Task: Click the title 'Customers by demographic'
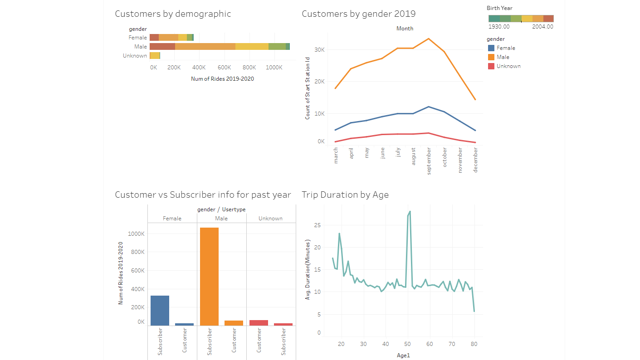pyautogui.click(x=173, y=14)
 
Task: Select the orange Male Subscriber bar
pyautogui.click(x=209, y=276)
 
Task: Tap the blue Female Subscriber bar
pyautogui.click(x=160, y=310)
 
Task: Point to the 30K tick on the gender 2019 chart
pyautogui.click(x=319, y=50)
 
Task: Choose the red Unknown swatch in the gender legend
pyautogui.click(x=491, y=66)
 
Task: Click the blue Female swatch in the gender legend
pyautogui.click(x=491, y=48)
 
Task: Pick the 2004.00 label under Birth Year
pyautogui.click(x=543, y=27)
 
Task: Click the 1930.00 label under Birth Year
pyautogui.click(x=499, y=27)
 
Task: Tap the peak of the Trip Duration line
pyautogui.click(x=410, y=211)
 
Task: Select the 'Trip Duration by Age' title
pyautogui.click(x=345, y=195)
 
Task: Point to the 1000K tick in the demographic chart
pyautogui.click(x=274, y=67)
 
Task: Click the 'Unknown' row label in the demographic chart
pyautogui.click(x=135, y=56)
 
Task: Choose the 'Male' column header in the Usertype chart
pyautogui.click(x=221, y=219)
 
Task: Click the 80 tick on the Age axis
pyautogui.click(x=474, y=344)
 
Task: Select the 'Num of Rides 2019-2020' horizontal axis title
pyautogui.click(x=222, y=79)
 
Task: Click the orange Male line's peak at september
pyautogui.click(x=429, y=39)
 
